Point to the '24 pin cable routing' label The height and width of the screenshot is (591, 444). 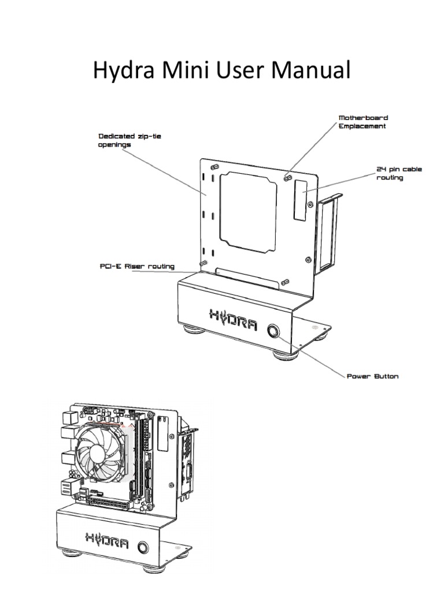(399, 174)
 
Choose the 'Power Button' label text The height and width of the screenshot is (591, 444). (372, 377)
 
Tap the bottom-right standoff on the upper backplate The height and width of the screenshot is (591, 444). (286, 282)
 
